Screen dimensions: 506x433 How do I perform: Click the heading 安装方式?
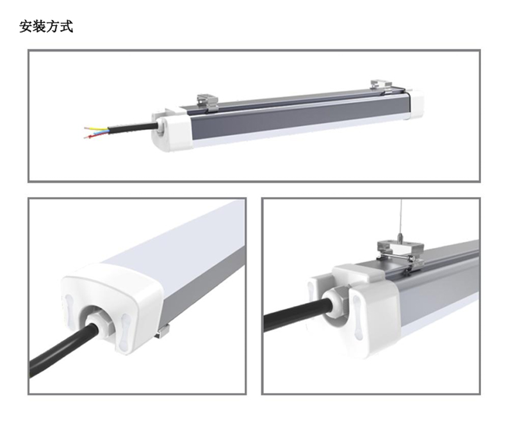pyautogui.click(x=46, y=26)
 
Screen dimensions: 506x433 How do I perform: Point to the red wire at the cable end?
pyautogui.click(x=96, y=135)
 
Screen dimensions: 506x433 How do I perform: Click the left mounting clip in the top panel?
pyautogui.click(x=208, y=102)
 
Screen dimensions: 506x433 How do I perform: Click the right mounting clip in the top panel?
pyautogui.click(x=381, y=86)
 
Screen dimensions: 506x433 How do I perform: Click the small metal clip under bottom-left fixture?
pyautogui.click(x=163, y=332)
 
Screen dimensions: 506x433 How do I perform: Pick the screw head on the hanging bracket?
pyautogui.click(x=412, y=258)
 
